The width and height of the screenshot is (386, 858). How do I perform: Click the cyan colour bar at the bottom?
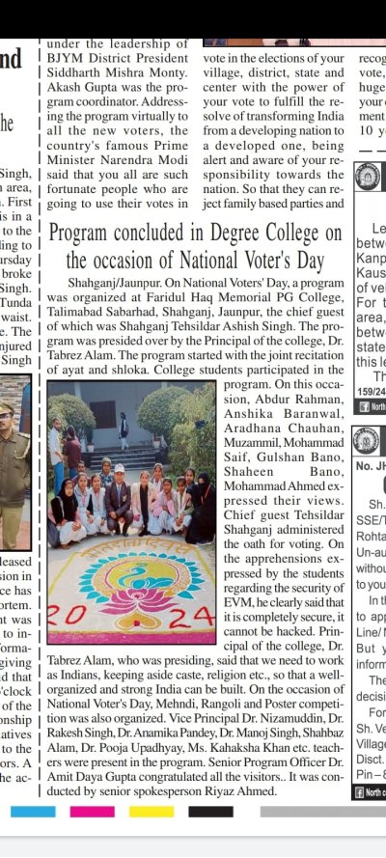click(33, 812)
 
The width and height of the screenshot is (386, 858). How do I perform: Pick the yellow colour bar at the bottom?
click(151, 812)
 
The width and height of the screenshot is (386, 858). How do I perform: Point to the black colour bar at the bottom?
click(210, 812)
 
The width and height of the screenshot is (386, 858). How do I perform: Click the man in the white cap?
click(119, 492)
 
